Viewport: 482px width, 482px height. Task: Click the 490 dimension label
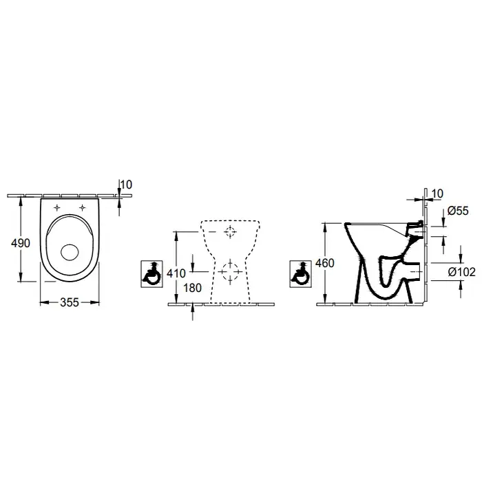tap(21, 243)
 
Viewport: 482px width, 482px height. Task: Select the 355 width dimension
tap(70, 302)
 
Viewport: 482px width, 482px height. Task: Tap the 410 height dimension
tap(176, 273)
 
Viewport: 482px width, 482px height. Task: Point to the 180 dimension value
tap(192, 288)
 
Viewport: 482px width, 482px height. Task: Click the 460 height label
tap(325, 263)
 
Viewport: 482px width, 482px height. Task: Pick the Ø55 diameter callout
tap(458, 211)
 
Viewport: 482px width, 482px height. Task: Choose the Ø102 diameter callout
tap(462, 272)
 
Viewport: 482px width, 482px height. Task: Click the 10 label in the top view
tap(126, 185)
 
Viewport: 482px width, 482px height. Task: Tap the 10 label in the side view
tap(437, 193)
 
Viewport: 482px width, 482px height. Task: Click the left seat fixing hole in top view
tap(57, 208)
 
